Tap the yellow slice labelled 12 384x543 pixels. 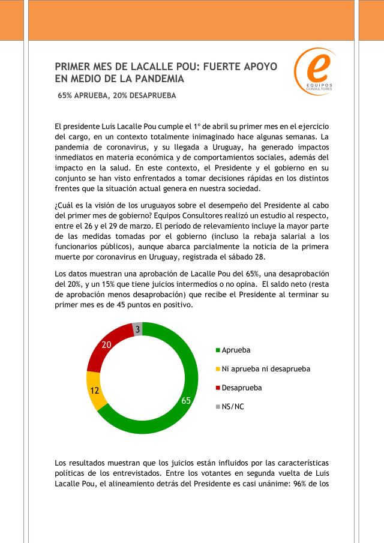pos(95,391)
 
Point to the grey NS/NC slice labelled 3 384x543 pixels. pos(137,329)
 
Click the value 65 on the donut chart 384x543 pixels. pos(186,401)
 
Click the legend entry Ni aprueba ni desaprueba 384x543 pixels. pos(266,368)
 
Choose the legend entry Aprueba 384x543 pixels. pos(236,349)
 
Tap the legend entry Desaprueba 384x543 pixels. pos(241,388)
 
